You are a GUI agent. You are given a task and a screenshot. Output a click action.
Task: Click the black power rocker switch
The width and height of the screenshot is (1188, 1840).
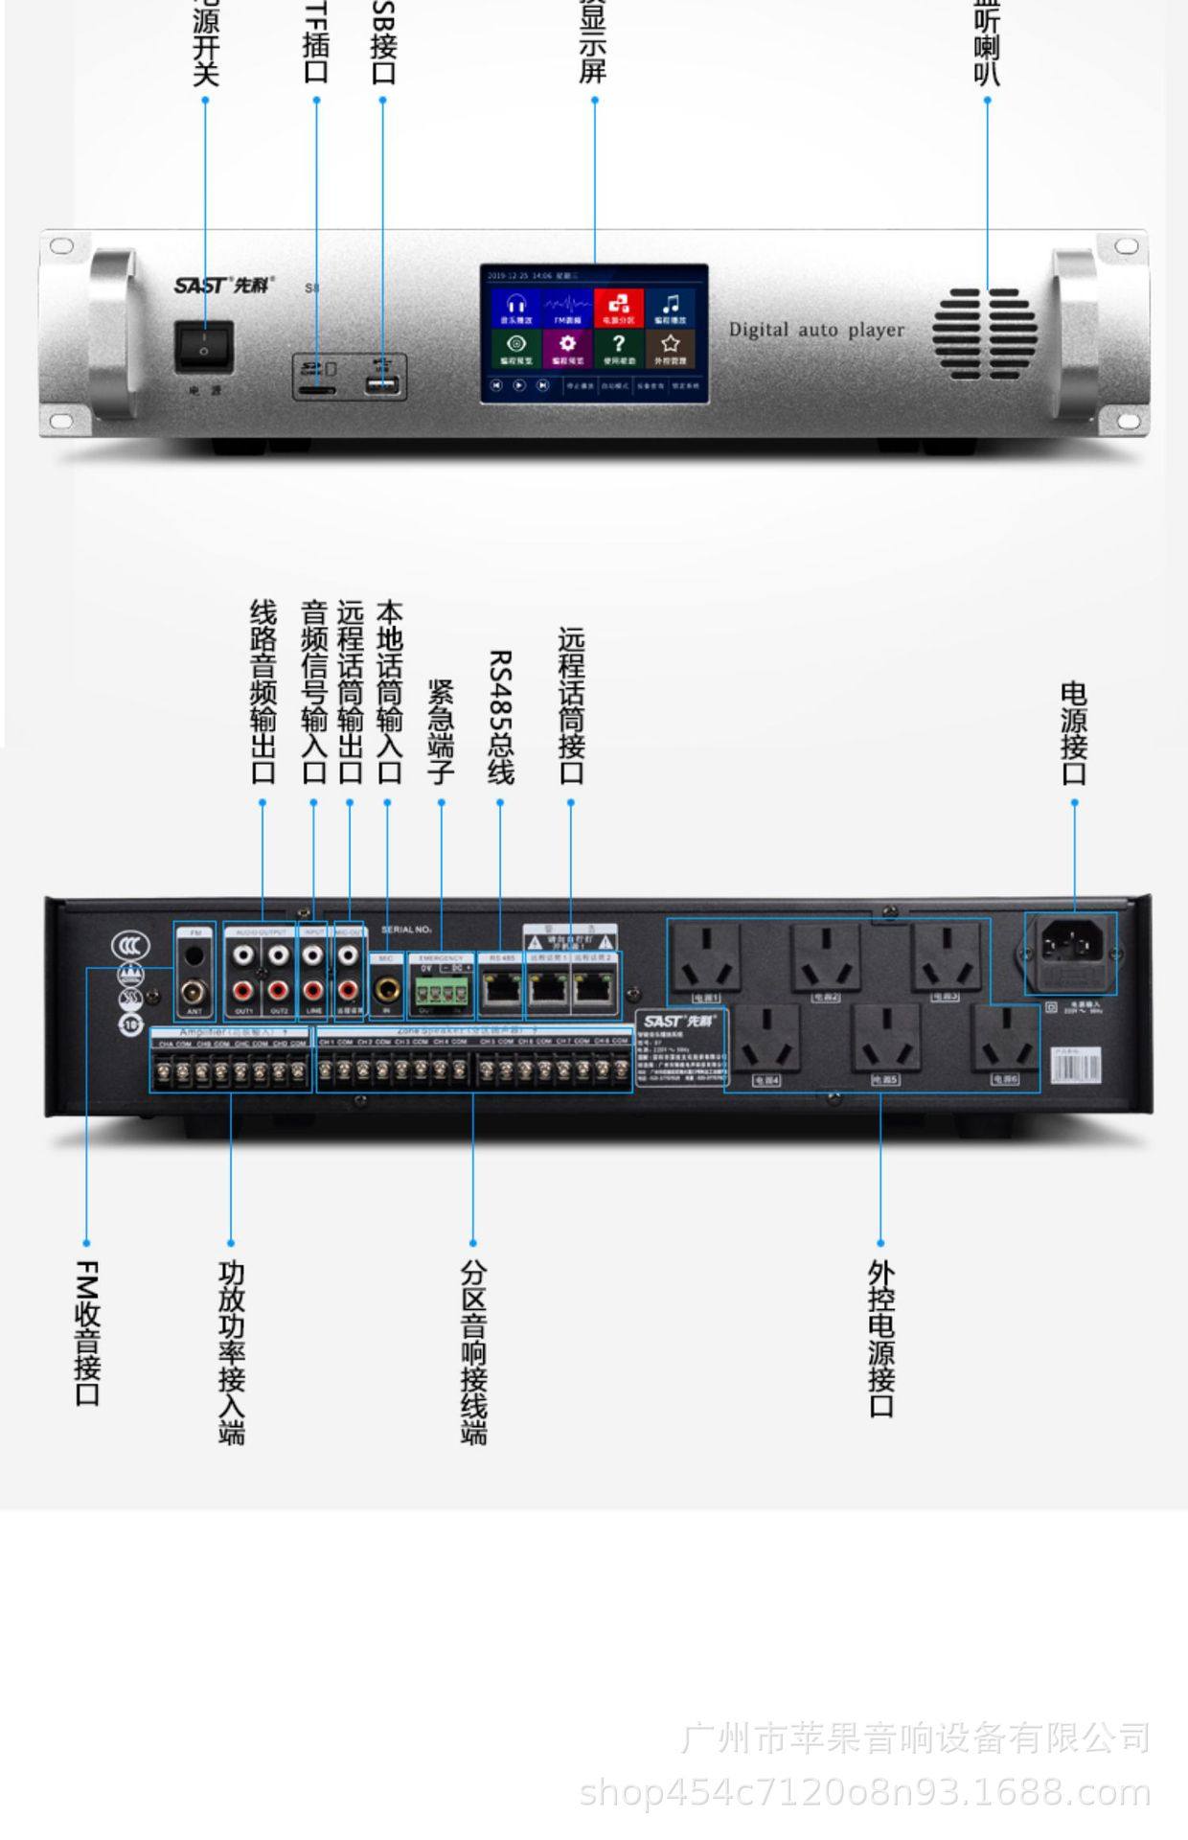(x=203, y=347)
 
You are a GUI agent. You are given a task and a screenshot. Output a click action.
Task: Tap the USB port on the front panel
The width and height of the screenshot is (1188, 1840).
(x=383, y=384)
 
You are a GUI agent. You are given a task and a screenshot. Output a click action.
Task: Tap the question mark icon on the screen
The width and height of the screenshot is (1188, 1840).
(x=619, y=346)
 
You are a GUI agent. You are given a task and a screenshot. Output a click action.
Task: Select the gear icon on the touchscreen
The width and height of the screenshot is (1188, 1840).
(x=567, y=346)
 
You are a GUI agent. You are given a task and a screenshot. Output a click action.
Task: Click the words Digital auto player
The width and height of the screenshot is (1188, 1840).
(x=816, y=330)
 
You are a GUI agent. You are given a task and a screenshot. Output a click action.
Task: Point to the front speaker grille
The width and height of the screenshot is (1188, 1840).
(x=985, y=333)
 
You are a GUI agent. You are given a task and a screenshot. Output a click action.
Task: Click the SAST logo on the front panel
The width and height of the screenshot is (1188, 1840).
(x=223, y=285)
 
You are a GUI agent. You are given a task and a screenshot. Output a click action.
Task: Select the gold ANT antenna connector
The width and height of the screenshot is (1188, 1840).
(x=195, y=991)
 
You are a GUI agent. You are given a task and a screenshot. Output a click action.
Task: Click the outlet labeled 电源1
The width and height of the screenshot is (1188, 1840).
(x=706, y=959)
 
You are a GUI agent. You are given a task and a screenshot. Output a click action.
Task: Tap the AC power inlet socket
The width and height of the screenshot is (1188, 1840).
(x=1071, y=950)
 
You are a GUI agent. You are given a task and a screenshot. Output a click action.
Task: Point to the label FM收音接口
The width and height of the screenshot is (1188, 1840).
(x=87, y=1332)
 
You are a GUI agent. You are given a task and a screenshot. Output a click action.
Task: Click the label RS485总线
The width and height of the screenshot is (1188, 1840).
(x=500, y=717)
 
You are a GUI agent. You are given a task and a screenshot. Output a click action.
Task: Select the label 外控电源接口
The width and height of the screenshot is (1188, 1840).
(x=880, y=1338)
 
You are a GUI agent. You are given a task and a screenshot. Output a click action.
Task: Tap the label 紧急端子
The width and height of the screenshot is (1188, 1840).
(x=441, y=732)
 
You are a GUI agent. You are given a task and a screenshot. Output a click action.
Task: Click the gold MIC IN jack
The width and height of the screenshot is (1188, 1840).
(x=387, y=988)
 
